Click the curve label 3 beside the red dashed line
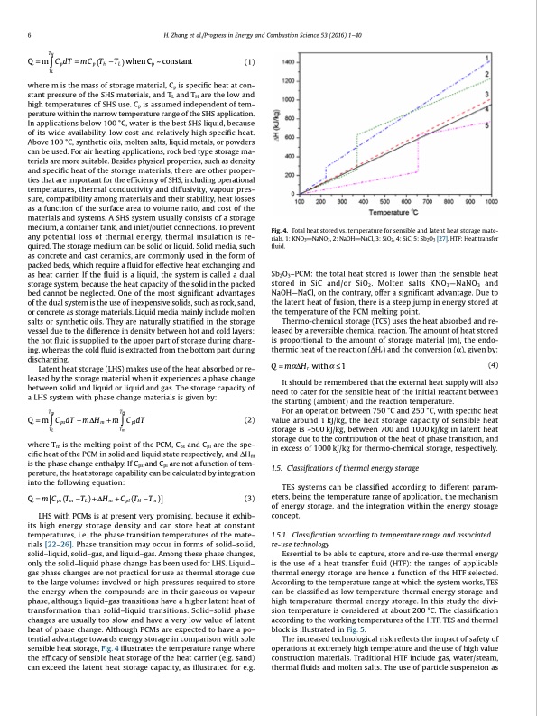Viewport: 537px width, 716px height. tap(489, 93)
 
